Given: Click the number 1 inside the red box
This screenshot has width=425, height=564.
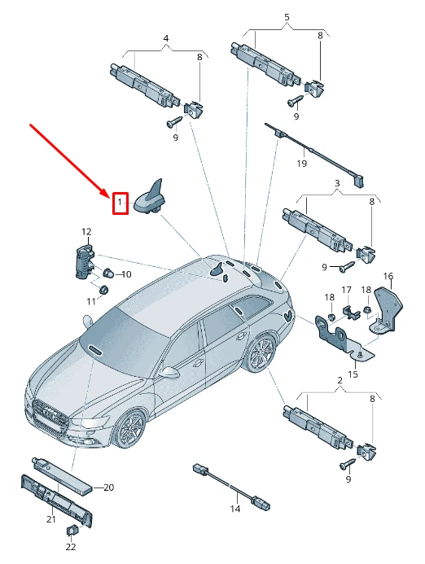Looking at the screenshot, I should click(119, 200).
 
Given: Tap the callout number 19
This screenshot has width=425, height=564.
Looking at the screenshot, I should click(301, 164).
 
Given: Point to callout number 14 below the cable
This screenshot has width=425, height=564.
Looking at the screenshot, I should click(234, 509).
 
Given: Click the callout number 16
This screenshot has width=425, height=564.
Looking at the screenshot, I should click(388, 277).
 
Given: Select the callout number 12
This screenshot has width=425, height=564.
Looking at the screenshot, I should click(85, 232).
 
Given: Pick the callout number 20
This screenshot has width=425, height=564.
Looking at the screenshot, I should click(108, 487).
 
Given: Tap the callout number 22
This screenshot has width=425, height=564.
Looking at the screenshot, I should click(71, 547).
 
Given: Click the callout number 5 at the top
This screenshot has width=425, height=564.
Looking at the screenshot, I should click(287, 17).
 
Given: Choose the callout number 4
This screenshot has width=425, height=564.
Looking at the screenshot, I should click(166, 38).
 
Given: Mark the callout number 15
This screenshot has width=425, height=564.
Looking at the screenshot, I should click(353, 374).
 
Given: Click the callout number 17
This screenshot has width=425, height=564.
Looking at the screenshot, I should click(346, 291).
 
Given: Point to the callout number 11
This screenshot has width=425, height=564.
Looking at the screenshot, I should click(91, 301).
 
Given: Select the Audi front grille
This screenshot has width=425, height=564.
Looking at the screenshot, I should click(51, 415).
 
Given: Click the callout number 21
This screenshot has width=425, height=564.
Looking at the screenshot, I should click(50, 519).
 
